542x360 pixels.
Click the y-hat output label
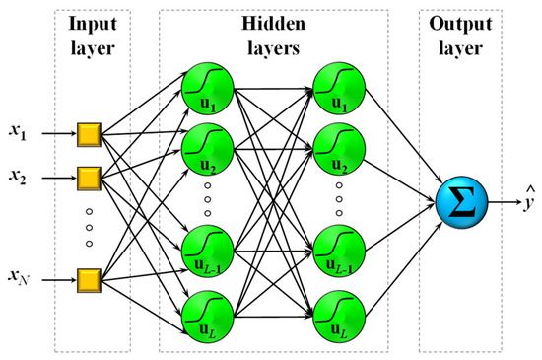(x=530, y=204)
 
